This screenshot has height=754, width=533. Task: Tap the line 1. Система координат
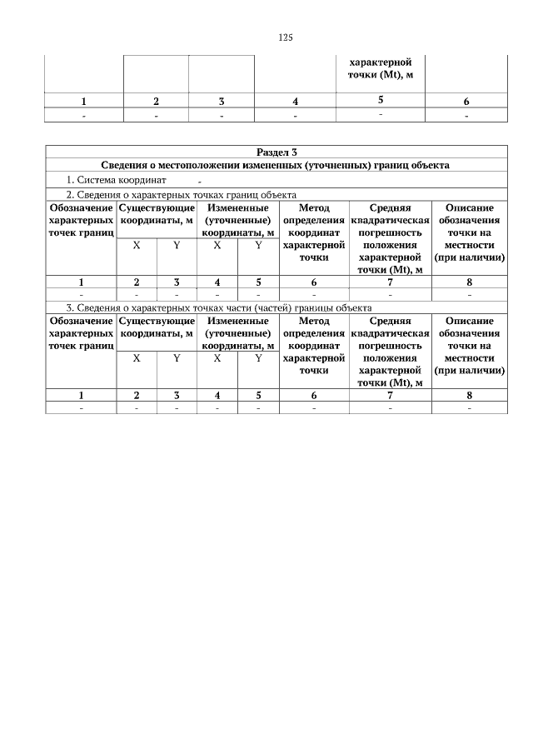pos(117,179)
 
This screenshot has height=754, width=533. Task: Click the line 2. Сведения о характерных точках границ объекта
pos(182,194)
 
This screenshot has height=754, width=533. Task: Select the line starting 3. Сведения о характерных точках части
pos(218,308)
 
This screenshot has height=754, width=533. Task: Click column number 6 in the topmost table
pos(466,102)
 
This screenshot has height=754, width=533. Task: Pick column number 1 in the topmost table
pos(83,102)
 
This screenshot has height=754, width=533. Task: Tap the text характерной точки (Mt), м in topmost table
pos(380,68)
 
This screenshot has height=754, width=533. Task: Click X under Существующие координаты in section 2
pos(136,246)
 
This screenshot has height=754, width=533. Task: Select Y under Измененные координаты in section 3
pos(258,358)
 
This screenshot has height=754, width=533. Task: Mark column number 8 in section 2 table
pos(470,282)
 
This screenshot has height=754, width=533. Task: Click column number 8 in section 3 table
pos(470,395)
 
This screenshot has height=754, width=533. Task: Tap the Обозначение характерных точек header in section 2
pos(81,220)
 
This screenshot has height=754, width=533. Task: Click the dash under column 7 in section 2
pos(390,295)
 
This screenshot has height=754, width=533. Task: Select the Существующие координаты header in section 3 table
pos(157,327)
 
